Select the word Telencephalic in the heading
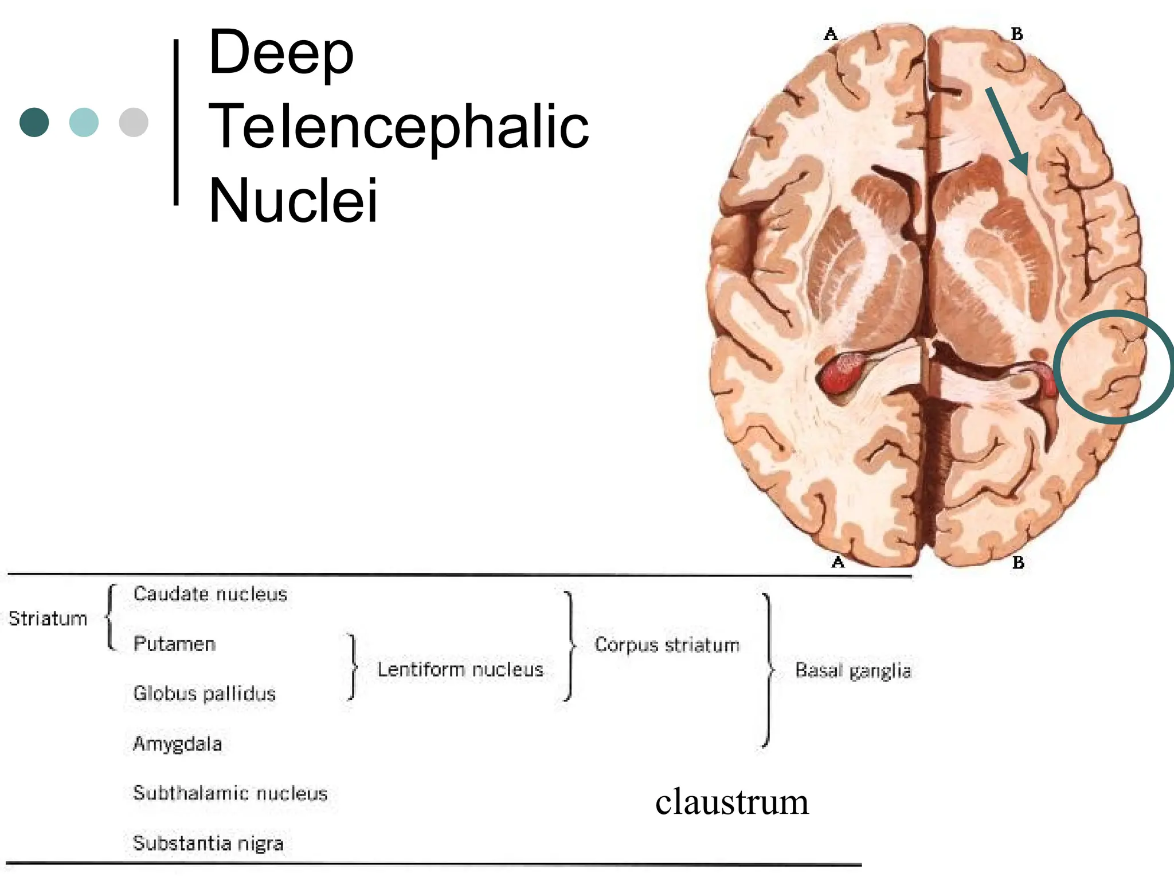click(398, 127)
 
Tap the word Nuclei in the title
click(293, 201)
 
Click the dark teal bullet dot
click(34, 122)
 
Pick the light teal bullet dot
click(84, 122)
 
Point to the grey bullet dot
click(134, 122)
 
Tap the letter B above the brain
click(1016, 34)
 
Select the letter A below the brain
click(838, 562)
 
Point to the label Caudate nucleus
click(210, 594)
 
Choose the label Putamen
click(174, 644)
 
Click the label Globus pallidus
click(204, 693)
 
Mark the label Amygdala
click(177, 744)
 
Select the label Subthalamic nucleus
click(230, 793)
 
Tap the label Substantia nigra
click(208, 843)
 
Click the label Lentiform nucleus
click(460, 669)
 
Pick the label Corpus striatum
click(667, 645)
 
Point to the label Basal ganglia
click(852, 670)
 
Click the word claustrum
click(731, 802)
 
